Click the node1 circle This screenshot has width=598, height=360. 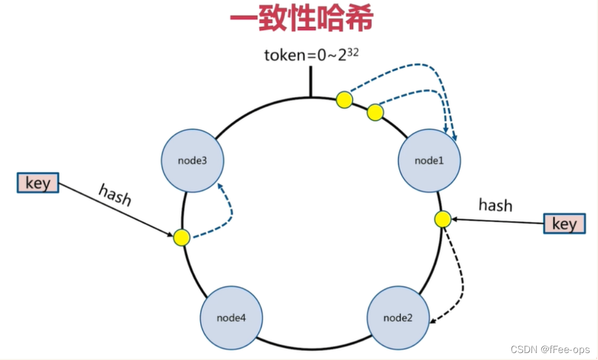pos(429,160)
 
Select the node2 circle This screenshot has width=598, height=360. pos(398,318)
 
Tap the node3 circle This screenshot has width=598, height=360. pos(192,160)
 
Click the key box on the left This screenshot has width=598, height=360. pos(38,183)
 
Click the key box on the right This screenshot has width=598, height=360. pos(564,223)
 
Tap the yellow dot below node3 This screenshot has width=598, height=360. pos(182,237)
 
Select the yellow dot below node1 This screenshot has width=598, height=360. pos(442,219)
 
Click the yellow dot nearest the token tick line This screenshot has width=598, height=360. pos(344,99)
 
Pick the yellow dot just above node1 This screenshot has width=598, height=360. pos(375,112)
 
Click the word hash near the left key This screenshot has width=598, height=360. pos(115,195)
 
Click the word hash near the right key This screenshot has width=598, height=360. pos(495,205)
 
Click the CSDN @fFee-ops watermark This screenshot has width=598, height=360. pos(550,349)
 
